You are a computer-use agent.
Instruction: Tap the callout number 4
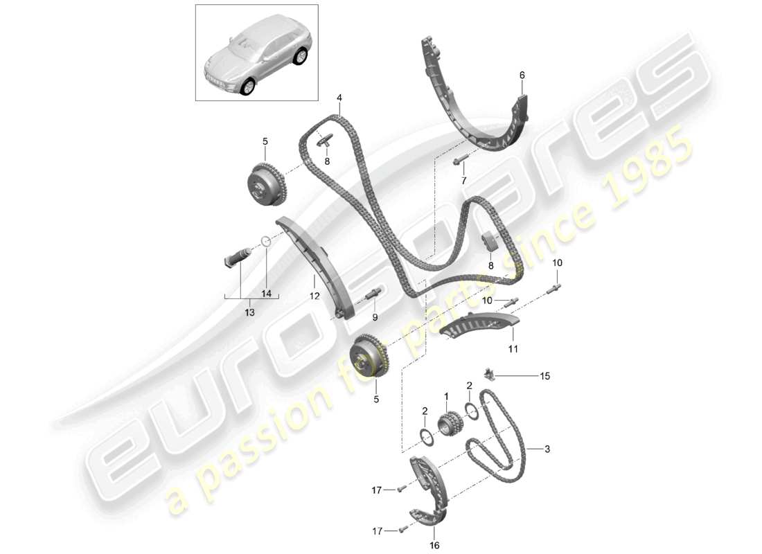(339, 98)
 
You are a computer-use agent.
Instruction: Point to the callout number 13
(249, 312)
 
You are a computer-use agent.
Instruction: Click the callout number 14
(266, 293)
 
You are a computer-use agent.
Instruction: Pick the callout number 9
(375, 318)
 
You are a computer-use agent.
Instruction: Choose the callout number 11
(513, 349)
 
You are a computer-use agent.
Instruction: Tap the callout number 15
(545, 376)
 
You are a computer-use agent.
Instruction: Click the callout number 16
(434, 544)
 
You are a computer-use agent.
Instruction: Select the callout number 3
(547, 449)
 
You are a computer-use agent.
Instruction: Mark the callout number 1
(447, 396)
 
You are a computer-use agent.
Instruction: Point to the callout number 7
(464, 181)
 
